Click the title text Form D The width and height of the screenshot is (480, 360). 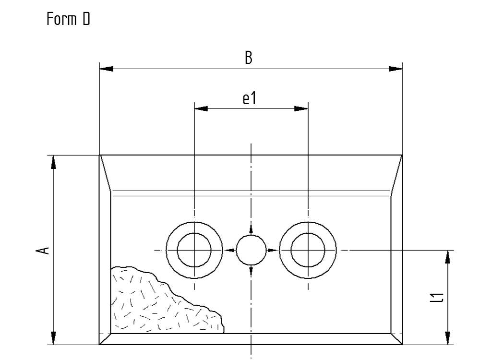pos(68,20)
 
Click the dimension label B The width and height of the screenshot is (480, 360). pos(249,58)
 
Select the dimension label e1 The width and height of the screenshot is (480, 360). pos(250,98)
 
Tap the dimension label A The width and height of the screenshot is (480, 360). pos(43,250)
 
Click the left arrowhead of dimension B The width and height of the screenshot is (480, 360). pos(107,69)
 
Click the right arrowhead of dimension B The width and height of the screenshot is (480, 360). pos(395,69)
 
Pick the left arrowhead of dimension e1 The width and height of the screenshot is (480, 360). pos(201,108)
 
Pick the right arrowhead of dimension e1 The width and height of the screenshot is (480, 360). pos(300,108)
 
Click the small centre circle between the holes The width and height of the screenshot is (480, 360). pos(251,250)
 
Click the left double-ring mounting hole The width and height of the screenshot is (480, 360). pos(194,250)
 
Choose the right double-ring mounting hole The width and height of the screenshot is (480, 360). pos(308,250)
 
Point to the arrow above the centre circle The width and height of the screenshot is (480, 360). pos(251,229)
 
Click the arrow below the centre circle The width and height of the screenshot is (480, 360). pos(251,271)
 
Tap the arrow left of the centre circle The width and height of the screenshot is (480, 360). pos(230,250)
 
